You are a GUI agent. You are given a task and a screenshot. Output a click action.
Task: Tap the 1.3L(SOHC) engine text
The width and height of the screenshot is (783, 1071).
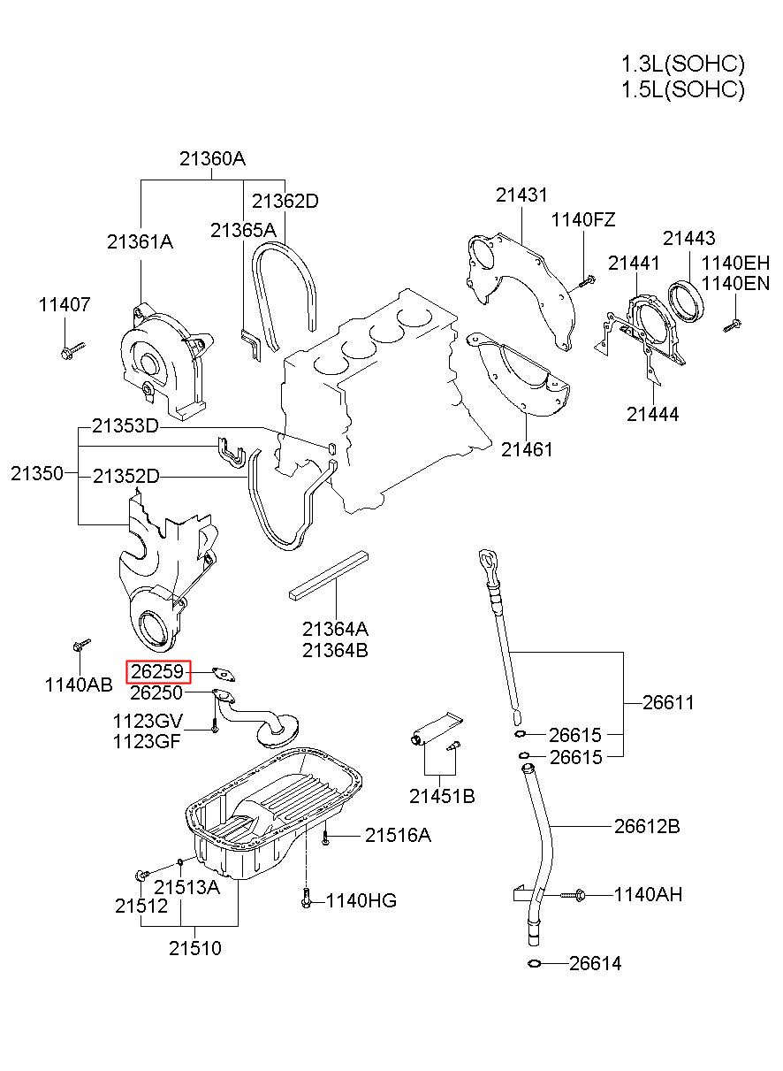(x=682, y=64)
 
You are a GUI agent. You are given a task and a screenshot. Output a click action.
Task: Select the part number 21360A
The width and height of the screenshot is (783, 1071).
(x=212, y=159)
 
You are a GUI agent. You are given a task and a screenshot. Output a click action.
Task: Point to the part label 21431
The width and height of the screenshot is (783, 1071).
(x=521, y=195)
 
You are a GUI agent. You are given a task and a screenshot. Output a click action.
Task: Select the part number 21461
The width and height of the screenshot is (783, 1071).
(x=527, y=449)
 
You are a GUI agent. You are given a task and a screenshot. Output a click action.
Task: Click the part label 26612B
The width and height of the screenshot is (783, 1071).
(x=647, y=827)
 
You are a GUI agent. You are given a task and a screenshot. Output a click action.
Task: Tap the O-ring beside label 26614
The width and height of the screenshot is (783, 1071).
(x=534, y=963)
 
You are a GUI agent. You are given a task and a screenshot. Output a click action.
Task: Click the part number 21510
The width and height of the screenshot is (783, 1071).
(x=195, y=949)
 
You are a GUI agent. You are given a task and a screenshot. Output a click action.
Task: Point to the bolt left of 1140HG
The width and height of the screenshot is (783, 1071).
(x=305, y=899)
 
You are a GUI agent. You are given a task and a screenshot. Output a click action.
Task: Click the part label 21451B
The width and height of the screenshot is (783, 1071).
(x=442, y=797)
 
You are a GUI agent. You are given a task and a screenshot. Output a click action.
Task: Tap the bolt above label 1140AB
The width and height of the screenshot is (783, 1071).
(x=80, y=646)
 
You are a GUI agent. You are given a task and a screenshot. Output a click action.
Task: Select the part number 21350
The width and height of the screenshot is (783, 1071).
(x=37, y=473)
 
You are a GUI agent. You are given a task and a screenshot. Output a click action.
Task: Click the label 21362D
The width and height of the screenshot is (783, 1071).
(x=285, y=201)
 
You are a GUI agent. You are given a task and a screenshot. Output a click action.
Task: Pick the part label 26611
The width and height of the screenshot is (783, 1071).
(x=668, y=703)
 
